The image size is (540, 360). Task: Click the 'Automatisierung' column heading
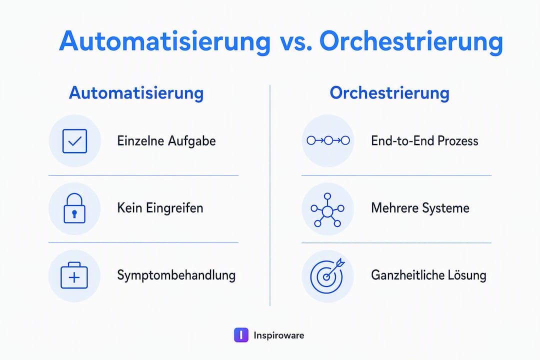point(136,93)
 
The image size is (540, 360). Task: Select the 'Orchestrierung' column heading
point(389,93)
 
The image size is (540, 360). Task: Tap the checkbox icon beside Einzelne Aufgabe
point(74,141)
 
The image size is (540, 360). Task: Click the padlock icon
point(74,208)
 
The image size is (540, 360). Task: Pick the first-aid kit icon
point(74,275)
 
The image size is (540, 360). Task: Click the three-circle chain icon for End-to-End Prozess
point(328,140)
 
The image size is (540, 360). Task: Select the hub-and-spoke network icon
point(327,210)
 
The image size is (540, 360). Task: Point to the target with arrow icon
point(327,275)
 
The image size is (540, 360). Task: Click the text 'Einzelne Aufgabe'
point(166,141)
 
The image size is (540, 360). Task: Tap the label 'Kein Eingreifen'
point(160,208)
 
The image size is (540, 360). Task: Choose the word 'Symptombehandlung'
point(176,275)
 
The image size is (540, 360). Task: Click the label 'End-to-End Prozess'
point(424,141)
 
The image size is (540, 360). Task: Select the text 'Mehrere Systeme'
point(420,208)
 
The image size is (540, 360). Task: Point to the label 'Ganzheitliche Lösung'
point(429,275)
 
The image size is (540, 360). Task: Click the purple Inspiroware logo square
point(241,335)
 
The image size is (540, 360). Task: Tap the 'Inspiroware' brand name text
point(279,335)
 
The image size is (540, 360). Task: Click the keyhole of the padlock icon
point(74,214)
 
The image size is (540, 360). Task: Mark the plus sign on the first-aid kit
point(74,277)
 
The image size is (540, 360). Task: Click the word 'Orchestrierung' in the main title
point(411,42)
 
